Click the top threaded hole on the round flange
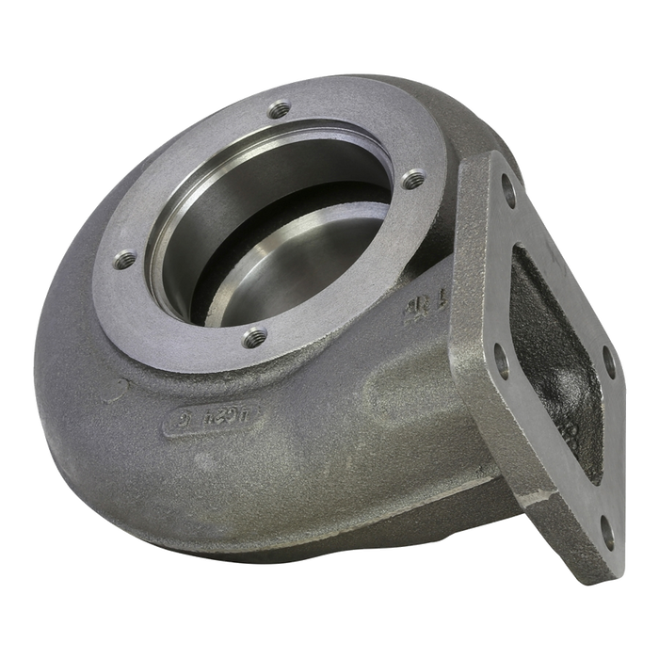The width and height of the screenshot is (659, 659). [278, 109]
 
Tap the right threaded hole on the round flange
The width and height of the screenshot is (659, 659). [411, 177]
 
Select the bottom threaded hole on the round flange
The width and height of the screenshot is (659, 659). [252, 334]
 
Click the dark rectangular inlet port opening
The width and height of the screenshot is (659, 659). [555, 358]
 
